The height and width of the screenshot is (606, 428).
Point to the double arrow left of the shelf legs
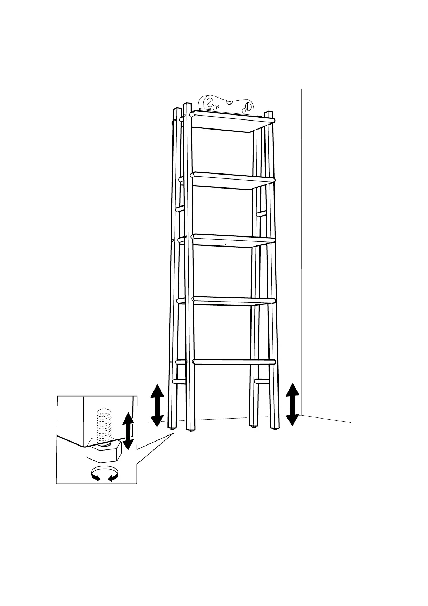pos(157,405)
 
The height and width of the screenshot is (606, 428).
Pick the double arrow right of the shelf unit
pos(292,404)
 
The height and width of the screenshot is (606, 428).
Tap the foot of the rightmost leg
pos(275,428)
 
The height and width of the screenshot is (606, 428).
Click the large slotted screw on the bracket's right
pos(248,107)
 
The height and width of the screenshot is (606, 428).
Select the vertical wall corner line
pos(301,252)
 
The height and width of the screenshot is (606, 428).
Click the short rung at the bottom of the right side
pos(261,381)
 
